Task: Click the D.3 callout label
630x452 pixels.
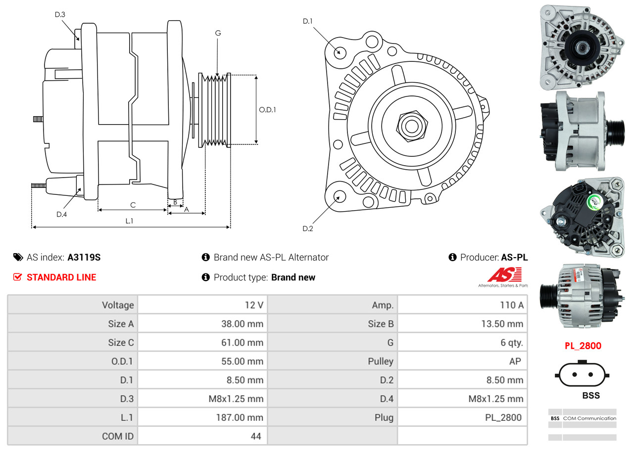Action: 60,14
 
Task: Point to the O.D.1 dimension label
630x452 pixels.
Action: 267,110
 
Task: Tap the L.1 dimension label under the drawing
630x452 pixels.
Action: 129,221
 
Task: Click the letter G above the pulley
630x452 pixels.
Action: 218,33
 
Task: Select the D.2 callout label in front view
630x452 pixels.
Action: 308,228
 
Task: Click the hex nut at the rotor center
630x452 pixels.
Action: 410,126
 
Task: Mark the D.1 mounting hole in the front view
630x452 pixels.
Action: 339,52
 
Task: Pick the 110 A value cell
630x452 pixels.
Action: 511,305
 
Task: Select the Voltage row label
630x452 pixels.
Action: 118,305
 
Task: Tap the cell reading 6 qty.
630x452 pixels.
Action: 511,342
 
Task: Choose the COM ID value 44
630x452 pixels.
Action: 256,436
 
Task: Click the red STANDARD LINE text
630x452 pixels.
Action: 61,277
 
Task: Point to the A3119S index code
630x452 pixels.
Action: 84,257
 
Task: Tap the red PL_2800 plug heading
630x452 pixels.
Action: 583,346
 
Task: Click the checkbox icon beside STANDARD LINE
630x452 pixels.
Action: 18,277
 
